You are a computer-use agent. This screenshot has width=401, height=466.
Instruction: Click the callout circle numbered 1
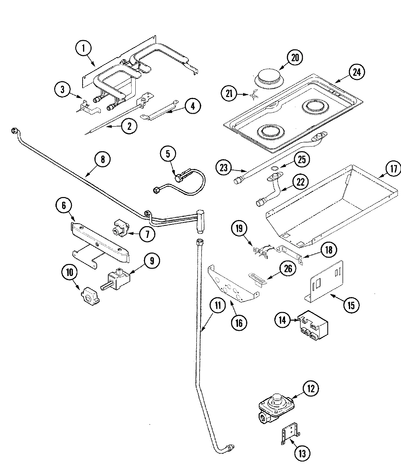coord(84,49)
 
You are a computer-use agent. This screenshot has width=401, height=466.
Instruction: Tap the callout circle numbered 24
coord(357,72)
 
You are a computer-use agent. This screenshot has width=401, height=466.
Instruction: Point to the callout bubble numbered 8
coord(102,159)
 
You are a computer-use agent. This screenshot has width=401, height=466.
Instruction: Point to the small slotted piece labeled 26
coord(257,278)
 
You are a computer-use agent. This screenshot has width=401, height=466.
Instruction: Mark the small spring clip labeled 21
coord(253,95)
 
